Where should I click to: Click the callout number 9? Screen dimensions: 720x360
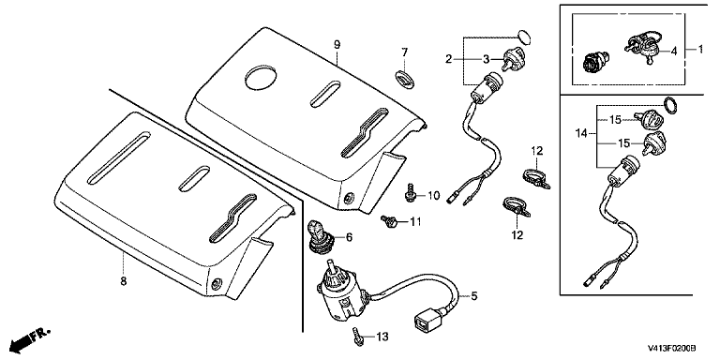(337, 45)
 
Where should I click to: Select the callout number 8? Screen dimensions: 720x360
(123, 280)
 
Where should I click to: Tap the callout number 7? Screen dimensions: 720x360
(405, 52)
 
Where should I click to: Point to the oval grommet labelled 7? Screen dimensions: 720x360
(405, 78)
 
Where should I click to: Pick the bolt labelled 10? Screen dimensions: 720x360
(410, 193)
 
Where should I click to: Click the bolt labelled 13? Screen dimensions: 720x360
(358, 337)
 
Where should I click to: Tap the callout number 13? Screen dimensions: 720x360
(382, 337)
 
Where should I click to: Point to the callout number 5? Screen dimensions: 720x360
(473, 296)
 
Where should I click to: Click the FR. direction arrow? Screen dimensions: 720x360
(25, 339)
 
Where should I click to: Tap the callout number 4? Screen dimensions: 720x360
(674, 51)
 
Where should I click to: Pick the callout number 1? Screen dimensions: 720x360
(700, 49)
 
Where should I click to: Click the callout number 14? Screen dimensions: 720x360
(581, 134)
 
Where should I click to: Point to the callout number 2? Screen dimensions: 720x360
(448, 58)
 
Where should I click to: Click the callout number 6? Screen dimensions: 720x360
(349, 237)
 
